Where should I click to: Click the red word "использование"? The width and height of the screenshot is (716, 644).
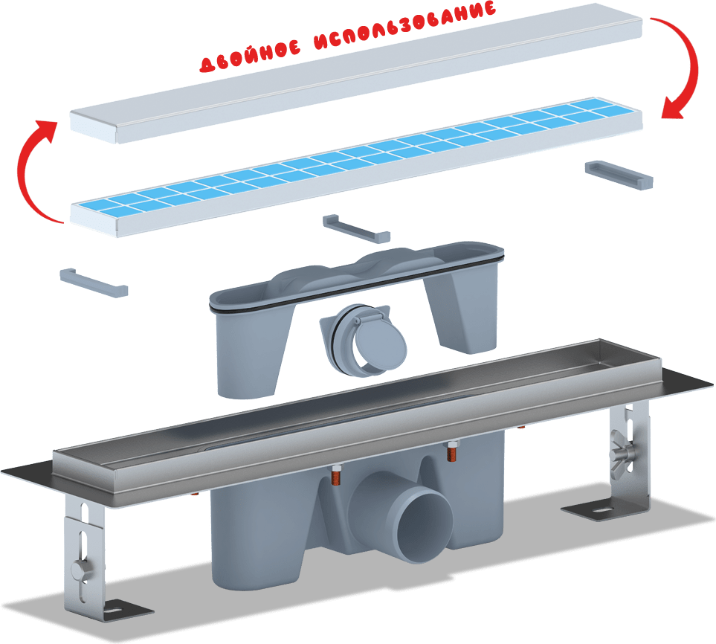[x=405, y=25]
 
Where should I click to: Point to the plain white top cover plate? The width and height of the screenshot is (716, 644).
[x=356, y=73]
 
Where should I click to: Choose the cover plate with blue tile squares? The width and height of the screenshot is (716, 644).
[x=356, y=167]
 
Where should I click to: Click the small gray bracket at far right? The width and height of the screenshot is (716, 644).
[x=619, y=175]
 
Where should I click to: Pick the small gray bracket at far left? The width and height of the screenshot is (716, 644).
[x=94, y=283]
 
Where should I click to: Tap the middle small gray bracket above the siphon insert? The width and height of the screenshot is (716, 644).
[x=357, y=229]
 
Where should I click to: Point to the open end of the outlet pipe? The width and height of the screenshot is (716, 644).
[x=425, y=525]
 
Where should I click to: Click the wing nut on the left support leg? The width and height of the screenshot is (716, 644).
[x=82, y=570]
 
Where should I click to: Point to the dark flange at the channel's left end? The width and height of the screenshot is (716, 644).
[x=28, y=473]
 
